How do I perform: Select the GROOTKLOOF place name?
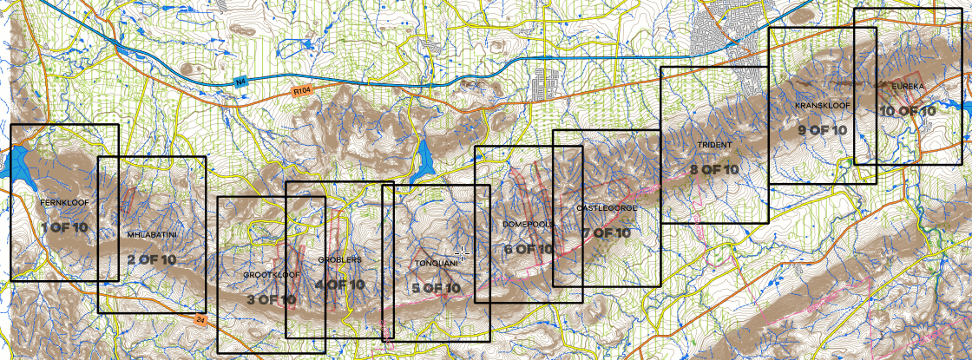click(x=271, y=274)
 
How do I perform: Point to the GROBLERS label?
click(x=339, y=259)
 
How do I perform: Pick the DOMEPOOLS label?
click(x=529, y=225)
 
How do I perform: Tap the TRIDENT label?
click(x=715, y=145)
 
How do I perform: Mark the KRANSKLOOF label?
click(x=822, y=106)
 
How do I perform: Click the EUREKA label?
click(x=908, y=88)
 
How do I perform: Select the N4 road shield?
click(x=241, y=82)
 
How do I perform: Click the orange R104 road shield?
click(x=302, y=89)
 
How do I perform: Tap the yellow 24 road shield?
click(x=201, y=320)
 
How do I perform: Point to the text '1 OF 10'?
click(x=64, y=227)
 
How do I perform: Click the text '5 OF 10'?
click(x=436, y=288)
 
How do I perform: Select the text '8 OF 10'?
click(x=714, y=169)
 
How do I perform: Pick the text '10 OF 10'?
click(x=908, y=111)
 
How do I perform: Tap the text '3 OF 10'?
click(x=271, y=299)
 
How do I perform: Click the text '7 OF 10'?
click(x=607, y=233)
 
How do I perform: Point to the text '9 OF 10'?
click(x=822, y=130)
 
